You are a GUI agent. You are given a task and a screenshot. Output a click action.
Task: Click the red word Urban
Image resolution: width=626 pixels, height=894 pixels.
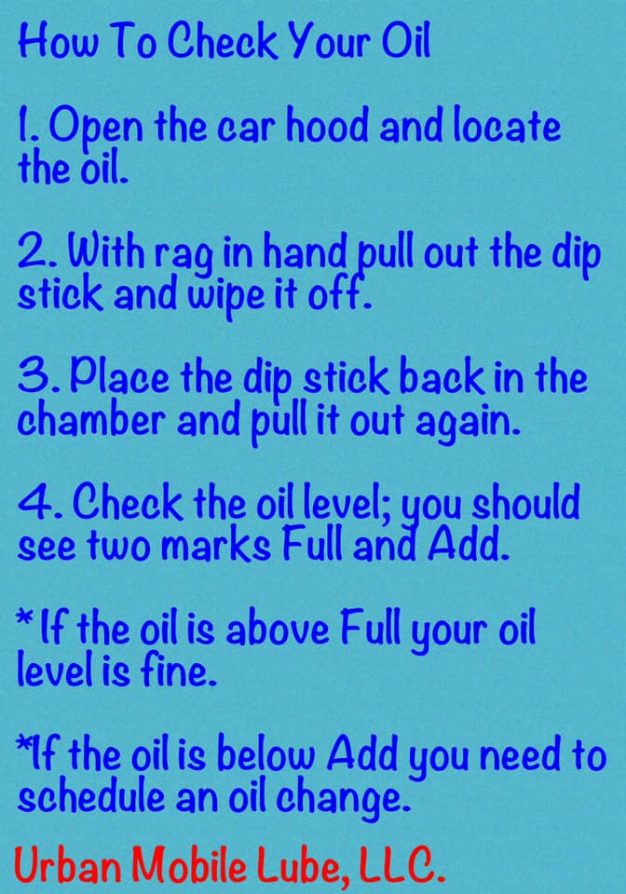point(67,865)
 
